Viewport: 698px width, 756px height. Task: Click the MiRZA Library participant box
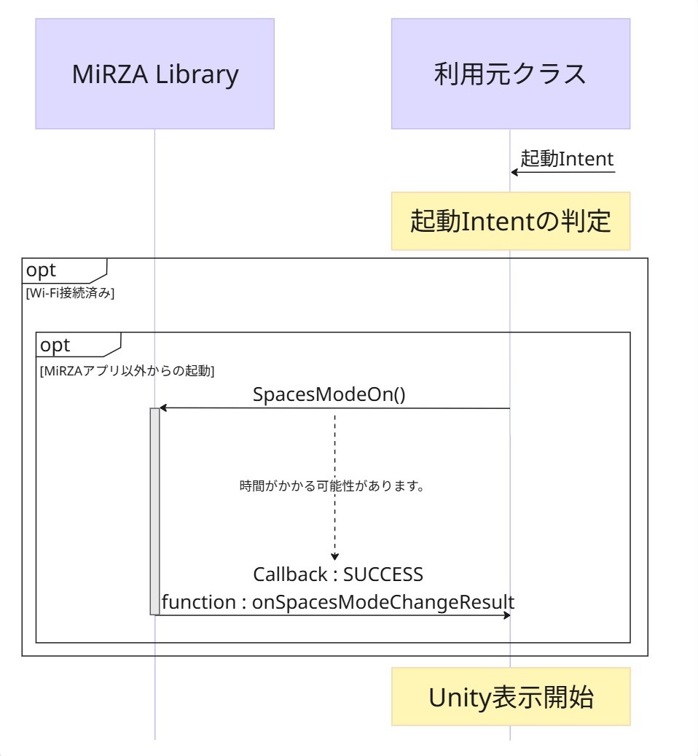pos(155,74)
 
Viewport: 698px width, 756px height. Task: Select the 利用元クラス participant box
pos(510,74)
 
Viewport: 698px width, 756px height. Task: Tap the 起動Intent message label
pos(567,159)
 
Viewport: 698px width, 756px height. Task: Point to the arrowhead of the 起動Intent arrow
pos(514,172)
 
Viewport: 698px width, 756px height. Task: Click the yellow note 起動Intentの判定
pos(510,221)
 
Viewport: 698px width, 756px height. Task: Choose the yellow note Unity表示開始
pos(510,697)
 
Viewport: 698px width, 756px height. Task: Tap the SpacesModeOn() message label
pos(329,394)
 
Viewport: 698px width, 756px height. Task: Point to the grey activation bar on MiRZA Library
pos(154,510)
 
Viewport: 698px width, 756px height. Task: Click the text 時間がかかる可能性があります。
pos(332,486)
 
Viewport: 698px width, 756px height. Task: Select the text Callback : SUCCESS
pos(338,574)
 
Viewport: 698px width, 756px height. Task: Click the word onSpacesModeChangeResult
pos(383,602)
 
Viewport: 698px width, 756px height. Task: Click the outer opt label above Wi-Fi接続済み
pos(42,270)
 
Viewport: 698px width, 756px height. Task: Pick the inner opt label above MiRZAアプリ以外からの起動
pos(55,345)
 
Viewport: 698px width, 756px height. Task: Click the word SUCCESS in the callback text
pos(383,574)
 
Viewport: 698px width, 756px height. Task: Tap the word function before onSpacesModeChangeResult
pos(192,602)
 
